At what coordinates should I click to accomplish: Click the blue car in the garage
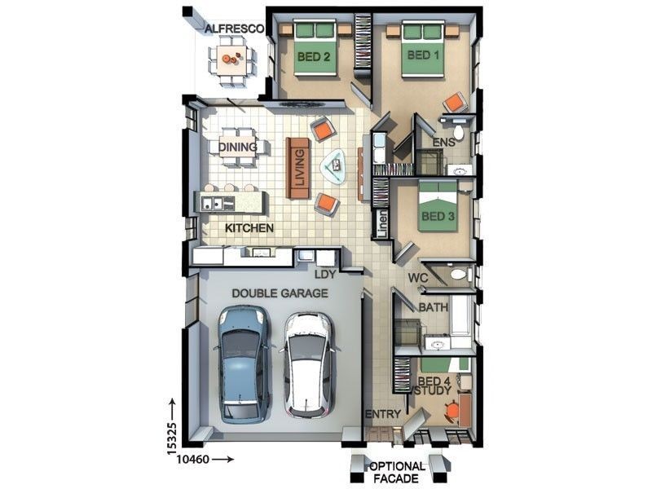click(x=243, y=364)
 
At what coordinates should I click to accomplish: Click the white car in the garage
click(x=309, y=365)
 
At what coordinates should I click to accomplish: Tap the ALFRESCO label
click(x=235, y=29)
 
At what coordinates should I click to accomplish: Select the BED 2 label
click(x=314, y=56)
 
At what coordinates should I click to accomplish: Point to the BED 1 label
click(x=423, y=55)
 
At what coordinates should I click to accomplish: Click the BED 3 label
click(x=438, y=216)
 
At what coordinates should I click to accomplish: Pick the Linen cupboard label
click(x=382, y=224)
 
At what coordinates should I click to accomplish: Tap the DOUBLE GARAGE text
click(x=280, y=293)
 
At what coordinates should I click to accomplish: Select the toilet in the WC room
click(x=459, y=275)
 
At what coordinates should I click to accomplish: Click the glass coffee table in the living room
click(x=333, y=167)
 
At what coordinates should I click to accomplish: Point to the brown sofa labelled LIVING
click(x=298, y=169)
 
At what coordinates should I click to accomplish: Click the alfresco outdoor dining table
click(x=231, y=60)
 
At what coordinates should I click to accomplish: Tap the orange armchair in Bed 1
click(x=454, y=102)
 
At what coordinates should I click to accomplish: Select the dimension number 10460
click(x=192, y=460)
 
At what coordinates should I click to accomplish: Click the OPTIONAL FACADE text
click(x=396, y=473)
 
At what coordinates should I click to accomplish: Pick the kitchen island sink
click(x=213, y=203)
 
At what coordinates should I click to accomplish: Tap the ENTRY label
click(x=383, y=414)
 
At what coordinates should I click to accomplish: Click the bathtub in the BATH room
click(x=461, y=315)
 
